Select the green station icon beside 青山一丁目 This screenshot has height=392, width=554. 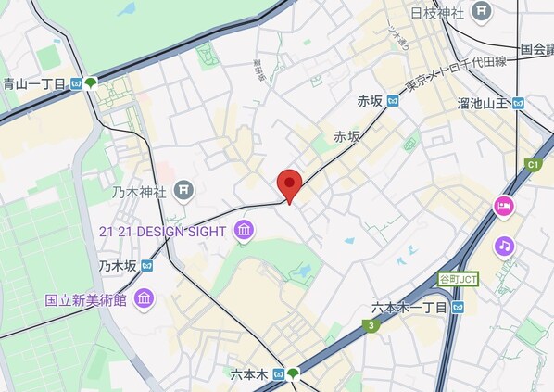point(91,83)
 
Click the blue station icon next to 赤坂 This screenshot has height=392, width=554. point(393,101)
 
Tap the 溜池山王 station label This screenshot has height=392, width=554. point(483,103)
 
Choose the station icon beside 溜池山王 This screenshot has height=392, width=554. point(519,103)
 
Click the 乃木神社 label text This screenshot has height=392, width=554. point(139,192)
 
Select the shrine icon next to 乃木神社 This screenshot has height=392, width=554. point(184,191)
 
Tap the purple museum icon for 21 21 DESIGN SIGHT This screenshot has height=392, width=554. point(245,230)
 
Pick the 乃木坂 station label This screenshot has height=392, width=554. point(118,265)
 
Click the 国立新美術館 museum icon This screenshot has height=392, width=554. point(144,298)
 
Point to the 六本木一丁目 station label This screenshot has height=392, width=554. point(409,307)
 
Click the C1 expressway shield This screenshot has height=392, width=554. point(533,165)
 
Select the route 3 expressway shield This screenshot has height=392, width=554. point(371,325)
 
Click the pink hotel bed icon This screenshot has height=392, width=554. point(504,207)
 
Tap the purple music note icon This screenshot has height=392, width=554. point(504,246)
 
